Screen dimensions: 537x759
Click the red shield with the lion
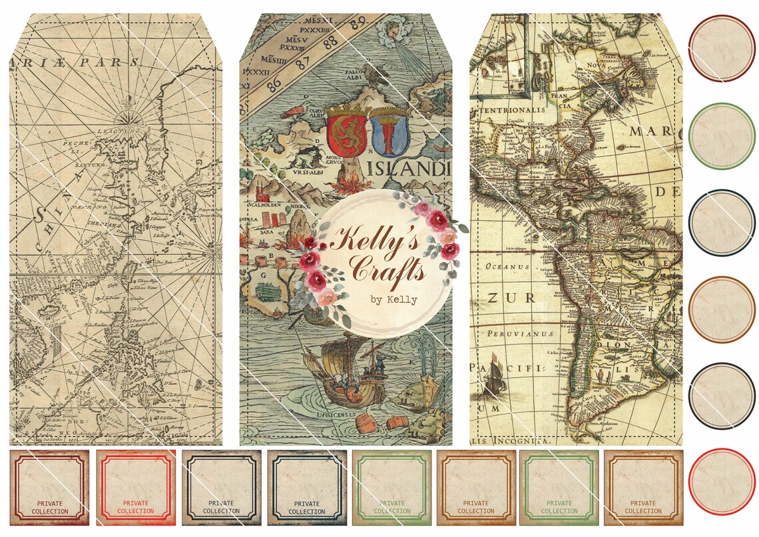coord(347,133)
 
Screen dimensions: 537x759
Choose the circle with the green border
coord(722,136)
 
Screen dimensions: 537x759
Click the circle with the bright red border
coord(722,481)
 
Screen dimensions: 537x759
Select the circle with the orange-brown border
coord(722,309)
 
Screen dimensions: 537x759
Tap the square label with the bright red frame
coord(136,487)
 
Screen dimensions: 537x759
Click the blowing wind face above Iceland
coord(390,29)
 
